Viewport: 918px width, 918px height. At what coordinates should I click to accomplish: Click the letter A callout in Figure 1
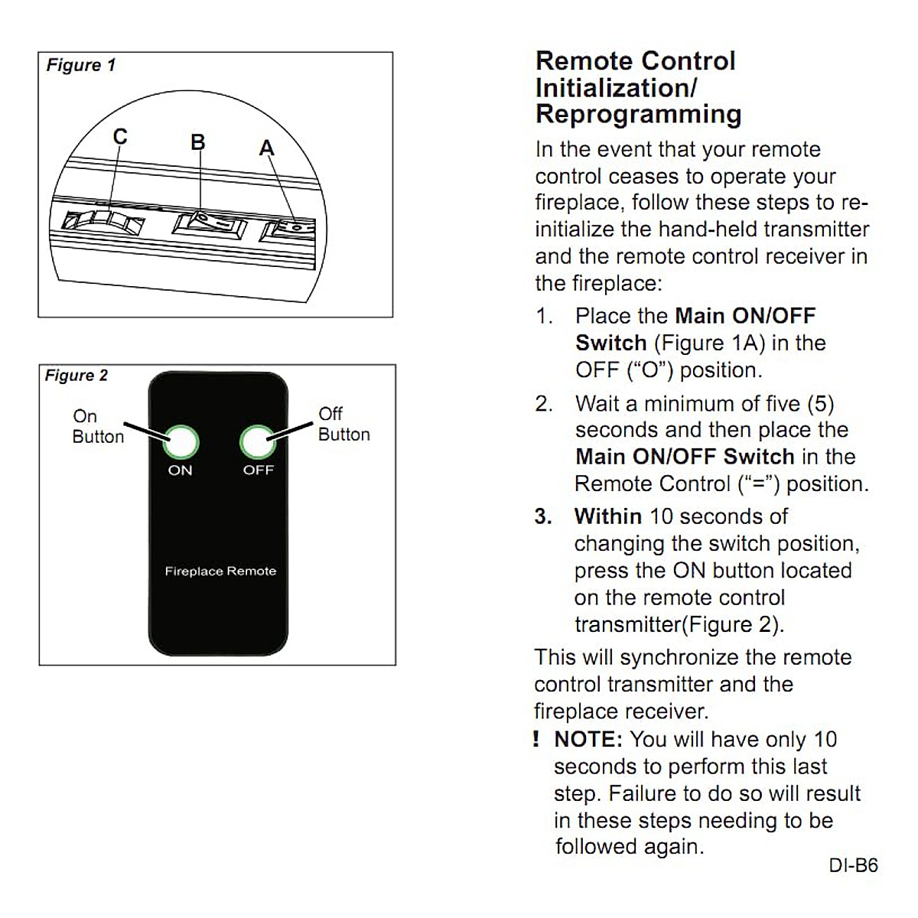point(266,148)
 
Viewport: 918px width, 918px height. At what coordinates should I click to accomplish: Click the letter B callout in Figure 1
point(198,142)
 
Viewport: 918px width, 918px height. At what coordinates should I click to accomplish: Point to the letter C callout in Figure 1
point(120,136)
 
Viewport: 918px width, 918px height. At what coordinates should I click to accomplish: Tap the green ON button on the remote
point(181,442)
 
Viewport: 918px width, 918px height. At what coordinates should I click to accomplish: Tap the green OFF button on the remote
point(258,442)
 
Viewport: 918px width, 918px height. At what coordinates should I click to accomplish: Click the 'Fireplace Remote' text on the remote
point(220,571)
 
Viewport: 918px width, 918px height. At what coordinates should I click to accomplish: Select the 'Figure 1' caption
point(81,65)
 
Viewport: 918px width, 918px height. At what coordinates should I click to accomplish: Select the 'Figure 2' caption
point(76,376)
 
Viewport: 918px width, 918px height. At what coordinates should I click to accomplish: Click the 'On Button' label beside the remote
point(98,426)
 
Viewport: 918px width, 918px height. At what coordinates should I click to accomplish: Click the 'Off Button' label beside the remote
point(343,425)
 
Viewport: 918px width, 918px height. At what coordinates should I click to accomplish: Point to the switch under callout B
point(210,225)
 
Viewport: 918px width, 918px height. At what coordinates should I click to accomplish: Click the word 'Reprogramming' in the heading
point(638,114)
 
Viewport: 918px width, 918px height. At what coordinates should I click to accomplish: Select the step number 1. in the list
point(544,316)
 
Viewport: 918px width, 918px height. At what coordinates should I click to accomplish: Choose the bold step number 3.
point(543,516)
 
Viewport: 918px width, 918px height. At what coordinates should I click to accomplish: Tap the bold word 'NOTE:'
point(588,740)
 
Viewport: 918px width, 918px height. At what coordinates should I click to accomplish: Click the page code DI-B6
point(853,866)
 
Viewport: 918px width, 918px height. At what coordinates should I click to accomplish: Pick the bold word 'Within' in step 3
point(608,516)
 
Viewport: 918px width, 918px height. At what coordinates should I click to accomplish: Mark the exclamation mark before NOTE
point(536,740)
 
